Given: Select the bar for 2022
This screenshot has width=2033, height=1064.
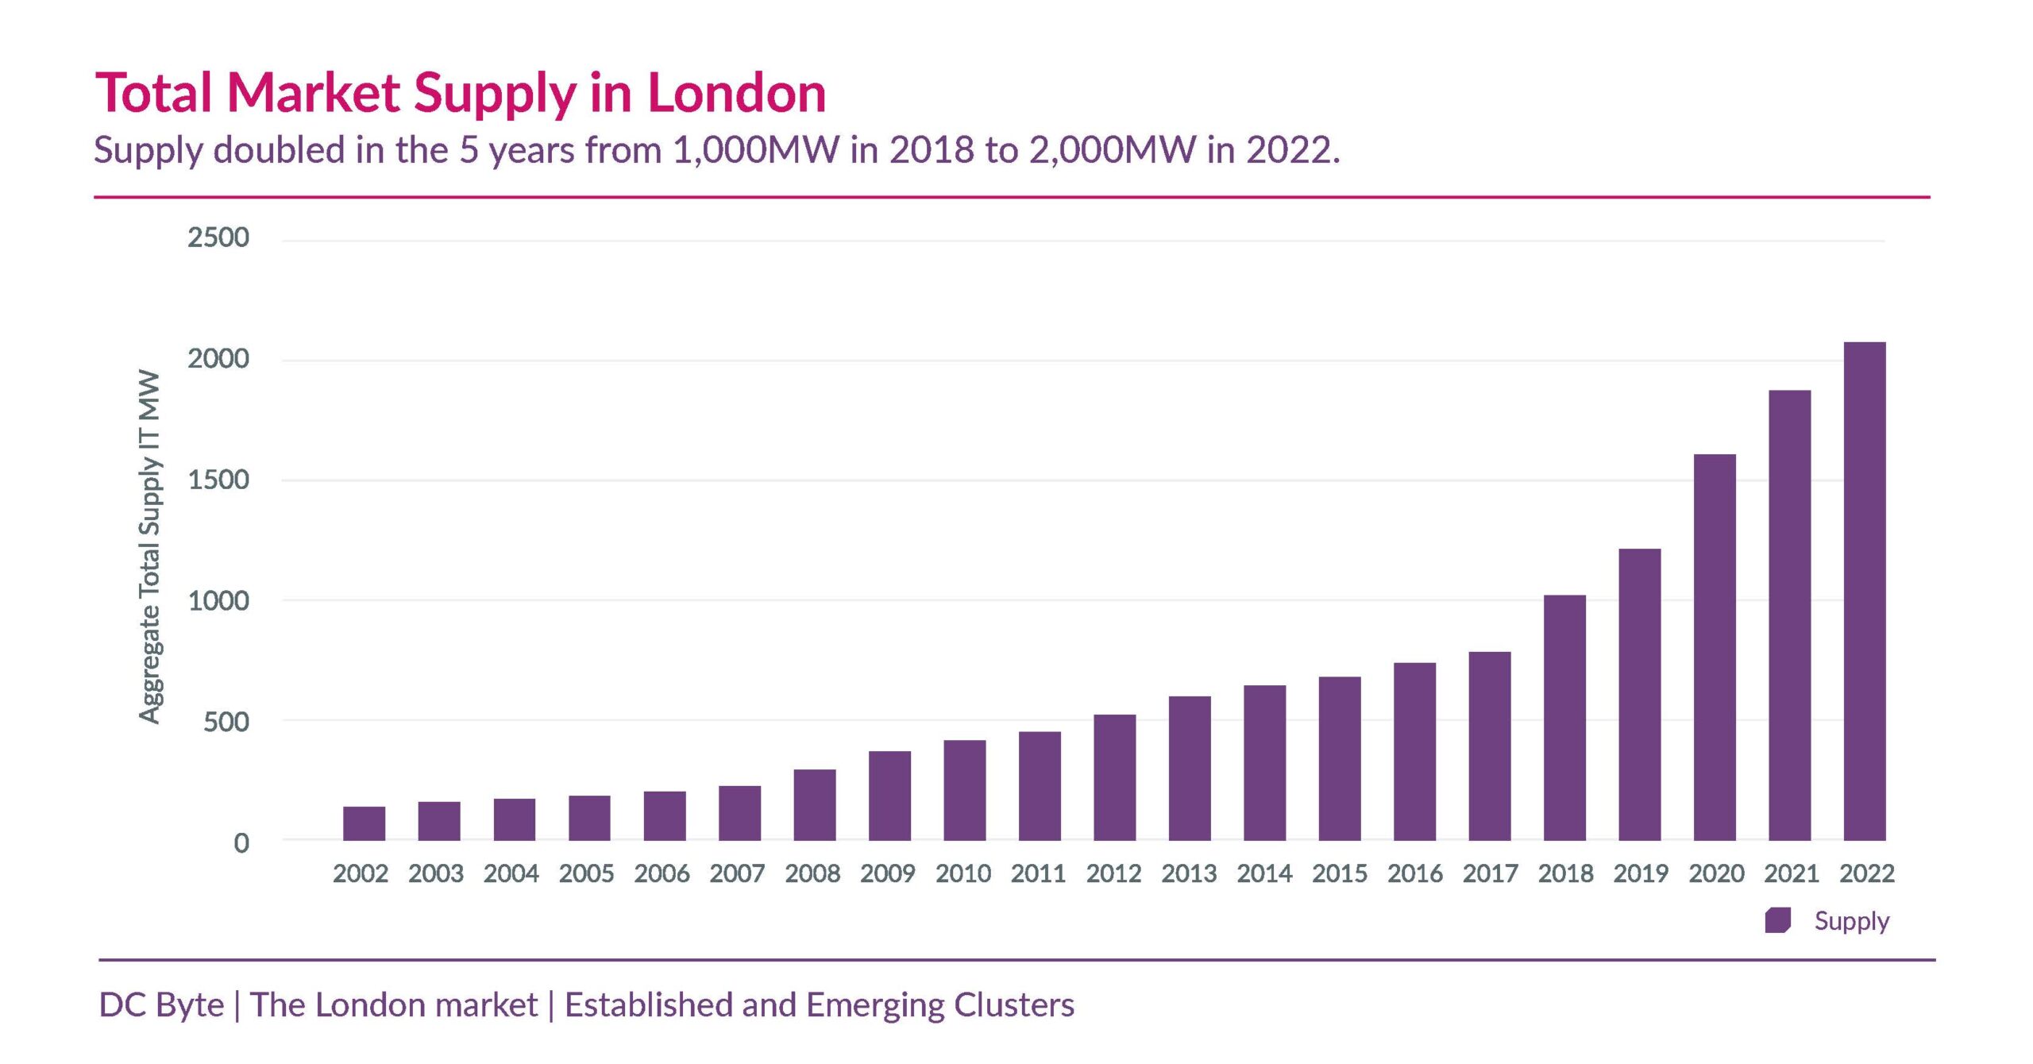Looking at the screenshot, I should [1864, 592].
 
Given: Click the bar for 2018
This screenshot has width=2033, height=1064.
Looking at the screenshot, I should [1564, 718].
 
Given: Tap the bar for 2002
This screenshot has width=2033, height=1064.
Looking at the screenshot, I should [364, 823].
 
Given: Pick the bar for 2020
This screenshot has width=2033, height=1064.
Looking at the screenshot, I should [1715, 647].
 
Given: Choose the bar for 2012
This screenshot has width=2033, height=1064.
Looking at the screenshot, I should [1114, 777].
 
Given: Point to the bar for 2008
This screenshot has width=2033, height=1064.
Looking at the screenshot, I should [814, 804].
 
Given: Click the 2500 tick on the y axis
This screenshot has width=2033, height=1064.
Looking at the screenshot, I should [218, 237].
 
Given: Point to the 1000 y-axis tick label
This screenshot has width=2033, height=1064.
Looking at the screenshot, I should [218, 601].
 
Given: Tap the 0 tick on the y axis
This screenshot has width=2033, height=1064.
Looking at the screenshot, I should [241, 843].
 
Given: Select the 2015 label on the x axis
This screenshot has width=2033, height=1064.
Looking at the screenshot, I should [1340, 874].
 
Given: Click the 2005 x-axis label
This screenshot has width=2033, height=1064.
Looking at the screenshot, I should [586, 874].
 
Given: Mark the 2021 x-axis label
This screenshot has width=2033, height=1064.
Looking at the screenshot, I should [1792, 874].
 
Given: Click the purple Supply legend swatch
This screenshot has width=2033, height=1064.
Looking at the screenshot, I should [1777, 921].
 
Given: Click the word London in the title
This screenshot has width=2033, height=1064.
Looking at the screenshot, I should [737, 94].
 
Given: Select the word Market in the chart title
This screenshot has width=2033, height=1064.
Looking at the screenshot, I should [313, 94].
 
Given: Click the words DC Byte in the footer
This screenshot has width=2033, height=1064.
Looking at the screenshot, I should [161, 1005].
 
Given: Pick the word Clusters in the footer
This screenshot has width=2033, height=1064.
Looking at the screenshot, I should [1013, 1005].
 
